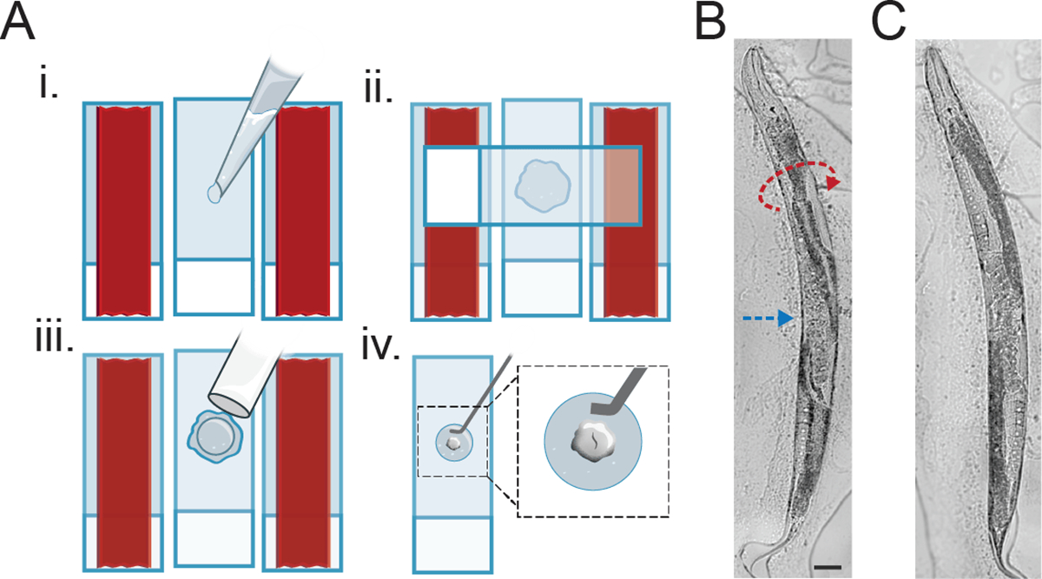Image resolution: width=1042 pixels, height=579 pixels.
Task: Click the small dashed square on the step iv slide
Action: coord(452,441)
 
